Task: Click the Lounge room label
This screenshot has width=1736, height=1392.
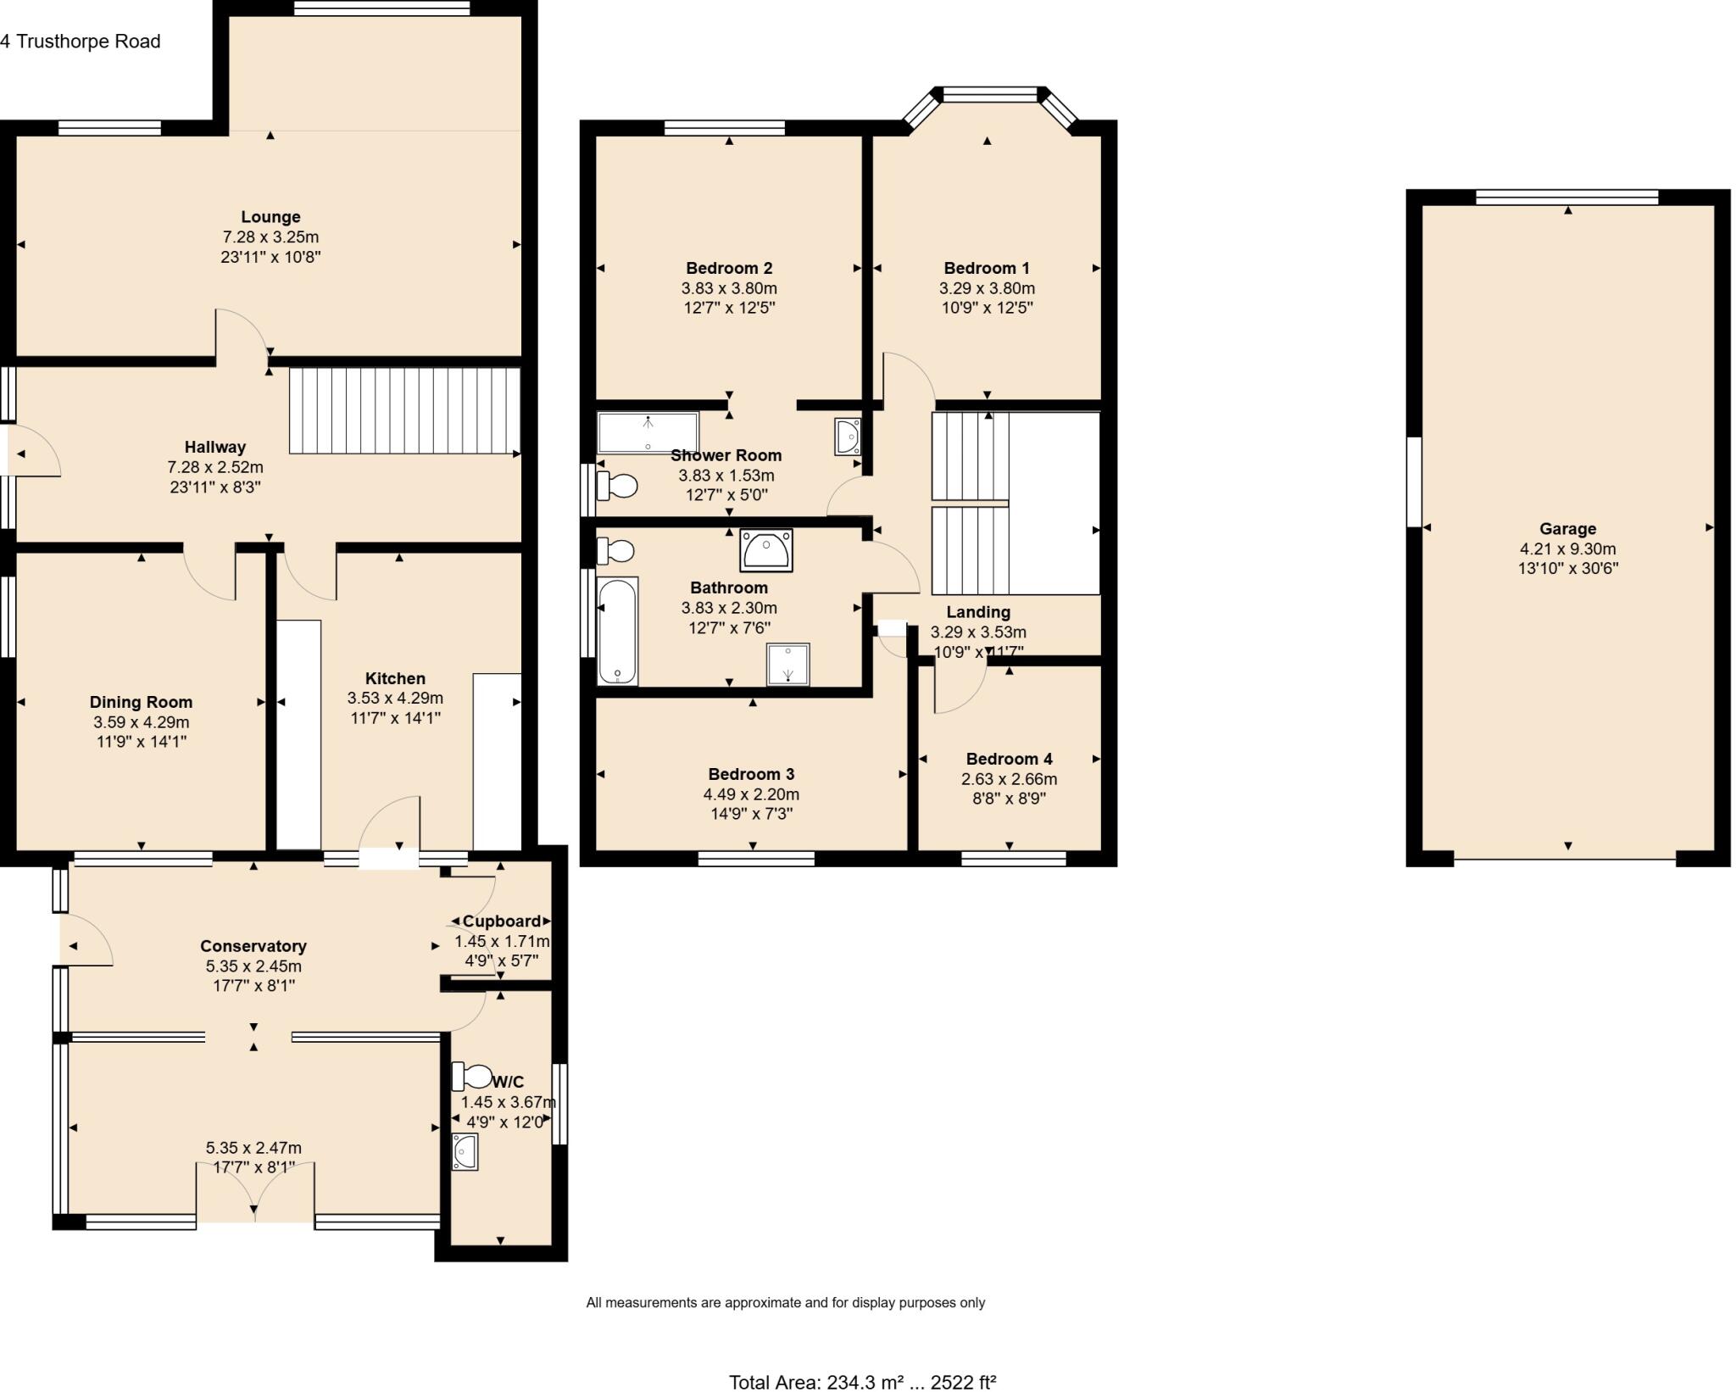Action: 270,217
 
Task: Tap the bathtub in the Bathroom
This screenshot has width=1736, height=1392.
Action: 617,631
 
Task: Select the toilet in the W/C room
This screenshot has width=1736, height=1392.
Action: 471,1077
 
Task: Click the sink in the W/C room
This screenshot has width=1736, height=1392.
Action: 465,1151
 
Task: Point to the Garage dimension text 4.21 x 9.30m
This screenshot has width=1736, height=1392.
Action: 1567,548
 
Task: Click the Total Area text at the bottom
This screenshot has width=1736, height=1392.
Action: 862,1383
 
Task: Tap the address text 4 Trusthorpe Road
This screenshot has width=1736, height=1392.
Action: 81,42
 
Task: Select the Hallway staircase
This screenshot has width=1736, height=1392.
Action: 404,410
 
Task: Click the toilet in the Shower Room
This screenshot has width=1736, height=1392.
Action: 617,486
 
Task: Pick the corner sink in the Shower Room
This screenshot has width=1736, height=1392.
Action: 848,436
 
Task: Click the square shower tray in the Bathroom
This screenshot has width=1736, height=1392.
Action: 788,664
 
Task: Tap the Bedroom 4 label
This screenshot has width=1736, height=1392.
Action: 1009,759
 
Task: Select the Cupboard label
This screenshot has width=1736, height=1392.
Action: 502,921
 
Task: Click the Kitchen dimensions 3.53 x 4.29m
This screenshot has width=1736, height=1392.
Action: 395,699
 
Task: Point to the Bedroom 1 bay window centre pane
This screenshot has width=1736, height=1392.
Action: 989,94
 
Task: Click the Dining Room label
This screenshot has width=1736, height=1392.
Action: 141,702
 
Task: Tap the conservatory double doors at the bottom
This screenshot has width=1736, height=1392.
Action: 255,1193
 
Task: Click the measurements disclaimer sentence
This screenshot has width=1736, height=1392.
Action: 785,1302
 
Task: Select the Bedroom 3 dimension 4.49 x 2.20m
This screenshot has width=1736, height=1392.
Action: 751,794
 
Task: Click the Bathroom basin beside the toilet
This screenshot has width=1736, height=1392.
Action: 766,551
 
